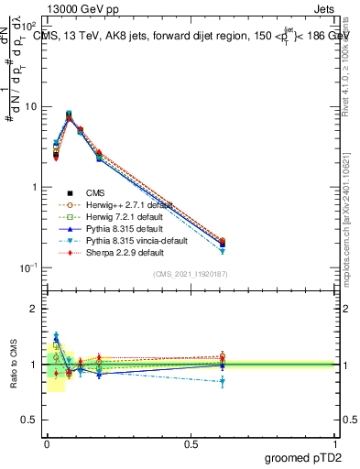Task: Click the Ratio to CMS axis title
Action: [13, 365]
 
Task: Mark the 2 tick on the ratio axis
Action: [34, 310]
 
